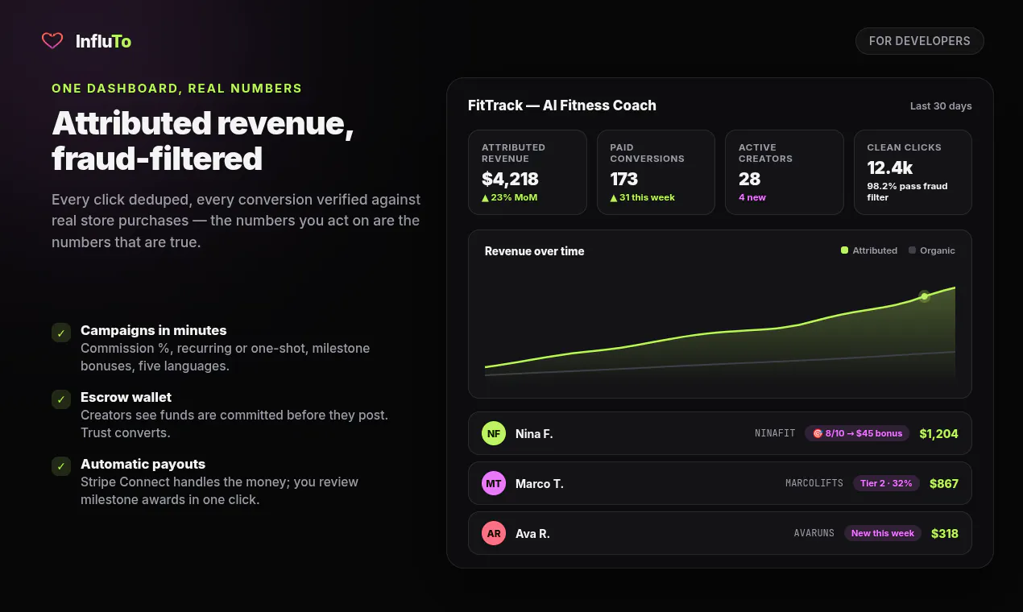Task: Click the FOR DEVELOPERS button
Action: [x=919, y=41]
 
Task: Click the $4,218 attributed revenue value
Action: [x=510, y=179]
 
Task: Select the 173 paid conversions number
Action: [x=623, y=179]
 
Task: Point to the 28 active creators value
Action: [x=749, y=179]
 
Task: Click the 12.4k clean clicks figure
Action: [x=889, y=167]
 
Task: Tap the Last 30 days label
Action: [x=941, y=106]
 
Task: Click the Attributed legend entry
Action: [x=868, y=250]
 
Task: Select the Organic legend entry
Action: [x=932, y=250]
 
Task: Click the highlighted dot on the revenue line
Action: [x=925, y=296]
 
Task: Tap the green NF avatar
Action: [x=494, y=433]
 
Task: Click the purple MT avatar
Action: [x=494, y=483]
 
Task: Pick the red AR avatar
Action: [x=494, y=533]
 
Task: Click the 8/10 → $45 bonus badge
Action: [x=857, y=433]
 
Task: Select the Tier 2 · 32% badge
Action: [x=886, y=483]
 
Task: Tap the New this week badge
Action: [x=882, y=533]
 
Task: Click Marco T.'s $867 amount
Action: [x=944, y=483]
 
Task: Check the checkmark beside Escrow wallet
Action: [x=61, y=399]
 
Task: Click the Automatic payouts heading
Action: [x=143, y=464]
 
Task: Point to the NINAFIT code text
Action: [x=775, y=433]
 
